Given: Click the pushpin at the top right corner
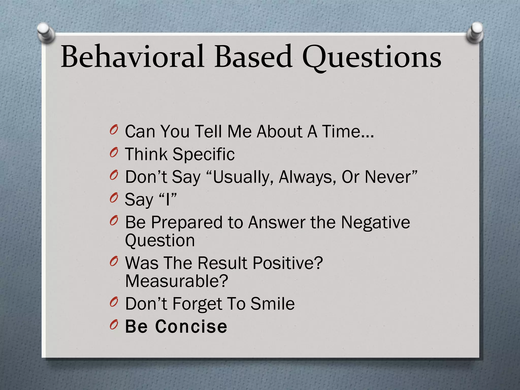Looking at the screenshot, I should (475, 32).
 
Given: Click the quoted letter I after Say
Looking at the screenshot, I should (168, 200).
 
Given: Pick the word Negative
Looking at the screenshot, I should (375, 222).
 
